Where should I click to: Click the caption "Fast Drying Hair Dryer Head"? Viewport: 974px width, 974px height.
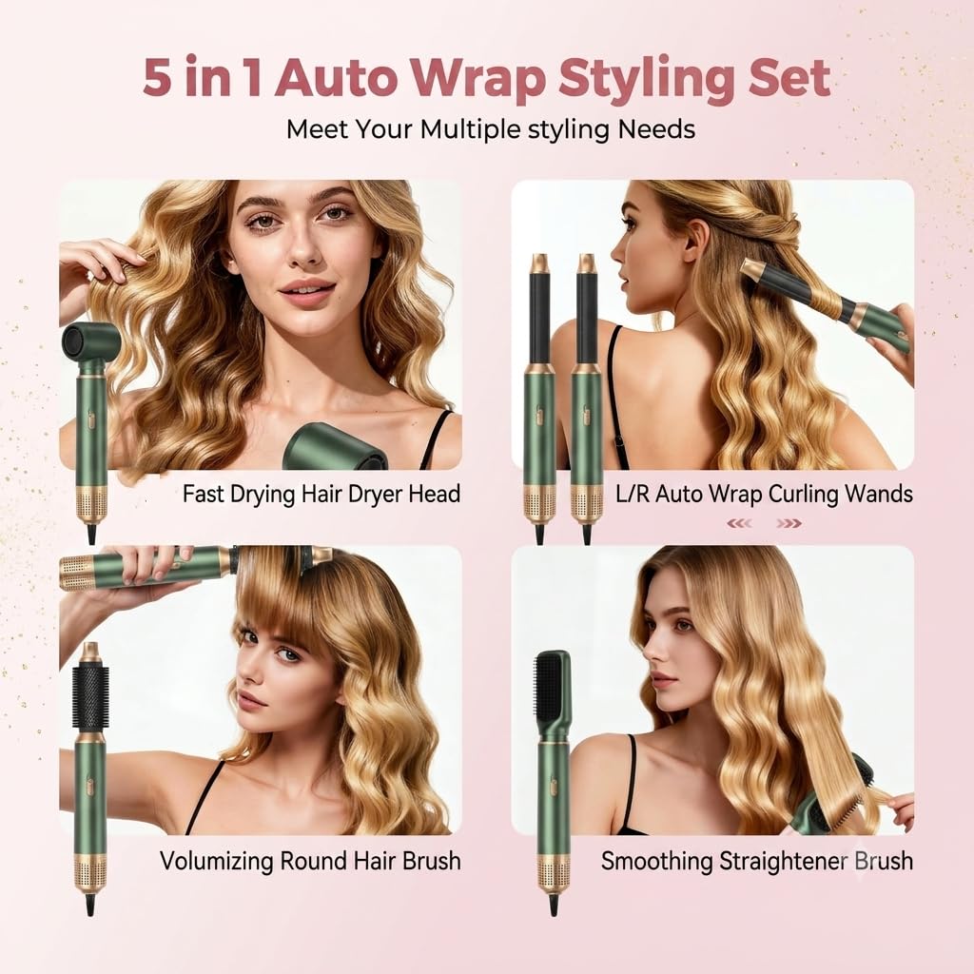321,494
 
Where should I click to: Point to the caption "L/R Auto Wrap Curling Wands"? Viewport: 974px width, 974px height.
764,494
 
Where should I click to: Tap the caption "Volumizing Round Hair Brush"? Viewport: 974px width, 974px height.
310,861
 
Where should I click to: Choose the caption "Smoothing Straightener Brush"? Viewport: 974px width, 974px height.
756,861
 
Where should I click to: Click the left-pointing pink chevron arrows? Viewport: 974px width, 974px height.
739,524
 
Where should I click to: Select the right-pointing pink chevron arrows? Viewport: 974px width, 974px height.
789,524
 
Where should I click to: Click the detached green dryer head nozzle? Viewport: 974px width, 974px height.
336,447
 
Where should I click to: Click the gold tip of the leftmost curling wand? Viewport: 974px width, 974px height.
538,263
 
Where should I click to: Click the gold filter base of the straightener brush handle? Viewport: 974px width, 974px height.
552,873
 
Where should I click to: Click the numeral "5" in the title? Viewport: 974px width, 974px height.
157,78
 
